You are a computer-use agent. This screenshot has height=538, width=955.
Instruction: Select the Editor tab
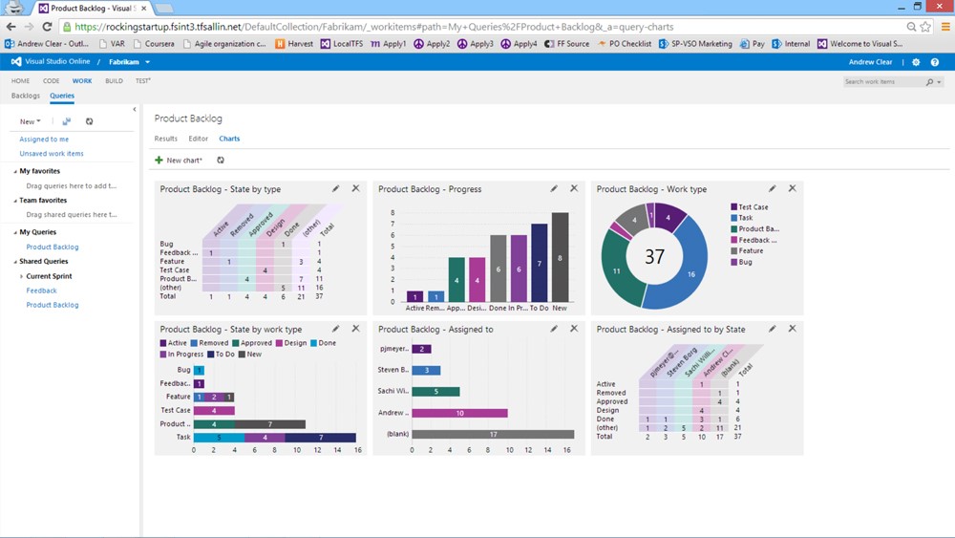pos(198,140)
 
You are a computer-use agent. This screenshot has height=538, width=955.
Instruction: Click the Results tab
pos(165,140)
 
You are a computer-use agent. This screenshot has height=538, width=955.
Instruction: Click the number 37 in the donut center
pos(654,256)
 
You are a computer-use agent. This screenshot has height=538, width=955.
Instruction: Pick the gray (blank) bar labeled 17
pos(494,434)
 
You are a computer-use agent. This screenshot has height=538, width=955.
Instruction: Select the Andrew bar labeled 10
pos(459,413)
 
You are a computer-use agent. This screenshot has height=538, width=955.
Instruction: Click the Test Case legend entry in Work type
pos(753,207)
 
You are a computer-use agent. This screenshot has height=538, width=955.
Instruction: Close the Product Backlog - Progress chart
pos(574,189)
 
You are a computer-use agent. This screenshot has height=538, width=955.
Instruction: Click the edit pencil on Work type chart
pos(772,189)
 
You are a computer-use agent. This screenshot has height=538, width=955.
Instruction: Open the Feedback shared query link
pos(41,291)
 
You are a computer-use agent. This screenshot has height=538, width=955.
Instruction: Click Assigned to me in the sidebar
pos(44,140)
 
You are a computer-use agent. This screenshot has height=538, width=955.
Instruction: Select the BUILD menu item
pos(114,81)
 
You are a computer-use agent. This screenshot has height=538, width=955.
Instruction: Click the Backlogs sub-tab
pos(25,96)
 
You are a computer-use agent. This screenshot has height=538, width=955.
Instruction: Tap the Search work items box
pos(882,82)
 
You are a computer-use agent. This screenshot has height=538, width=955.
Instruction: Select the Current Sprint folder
pos(49,276)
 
